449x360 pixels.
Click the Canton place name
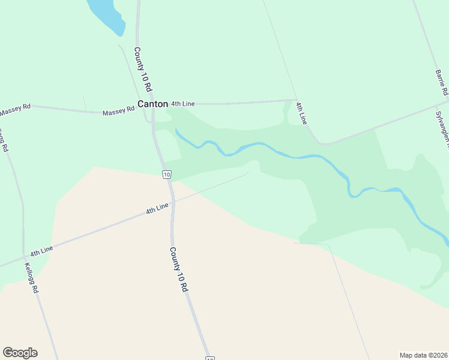pyautogui.click(x=152, y=104)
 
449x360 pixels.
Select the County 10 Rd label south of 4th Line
pyautogui.click(x=179, y=269)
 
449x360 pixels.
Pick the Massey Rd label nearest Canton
pyautogui.click(x=118, y=112)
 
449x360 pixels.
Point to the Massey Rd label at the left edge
pyautogui.click(x=14, y=110)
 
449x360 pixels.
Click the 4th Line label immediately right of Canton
pyautogui.click(x=183, y=104)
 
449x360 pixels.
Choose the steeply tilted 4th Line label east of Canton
pyautogui.click(x=301, y=113)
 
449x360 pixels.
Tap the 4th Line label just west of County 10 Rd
pyautogui.click(x=157, y=209)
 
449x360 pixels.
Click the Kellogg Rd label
pyautogui.click(x=32, y=278)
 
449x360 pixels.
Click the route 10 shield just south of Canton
pyautogui.click(x=167, y=175)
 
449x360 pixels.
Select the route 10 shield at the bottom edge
pyautogui.click(x=209, y=358)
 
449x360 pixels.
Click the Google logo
pyautogui.click(x=20, y=353)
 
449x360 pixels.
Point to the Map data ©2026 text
pyautogui.click(x=424, y=355)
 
